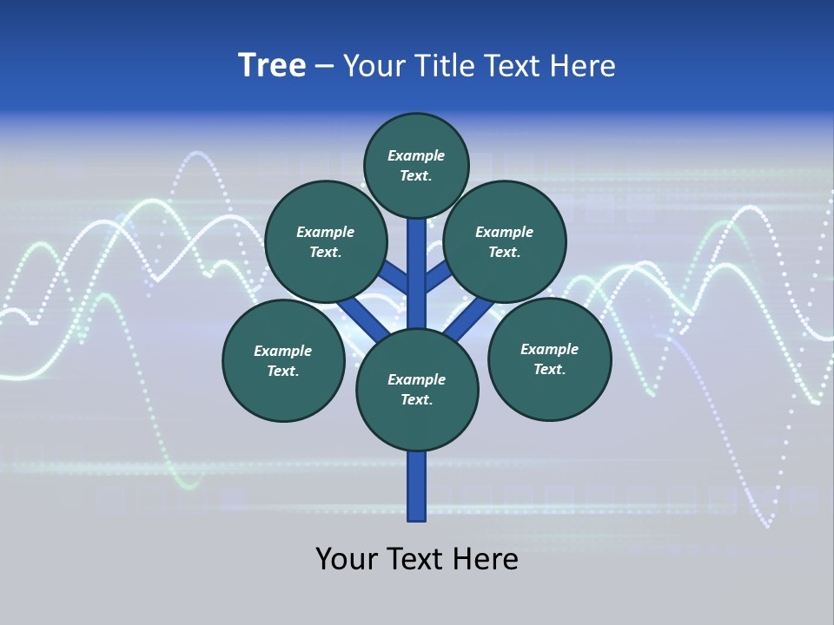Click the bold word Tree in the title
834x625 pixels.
[272, 65]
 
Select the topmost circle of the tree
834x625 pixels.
[416, 165]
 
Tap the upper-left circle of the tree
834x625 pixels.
[325, 241]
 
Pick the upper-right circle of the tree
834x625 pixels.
[505, 241]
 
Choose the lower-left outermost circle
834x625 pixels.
[283, 360]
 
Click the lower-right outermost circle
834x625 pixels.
[549, 359]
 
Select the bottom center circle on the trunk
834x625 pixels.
[417, 390]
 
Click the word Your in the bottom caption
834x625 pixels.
[346, 559]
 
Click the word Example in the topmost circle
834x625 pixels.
[416, 155]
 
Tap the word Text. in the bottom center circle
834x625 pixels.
[416, 400]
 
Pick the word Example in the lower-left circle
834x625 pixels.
[282, 351]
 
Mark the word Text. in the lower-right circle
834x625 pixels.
[549, 369]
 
